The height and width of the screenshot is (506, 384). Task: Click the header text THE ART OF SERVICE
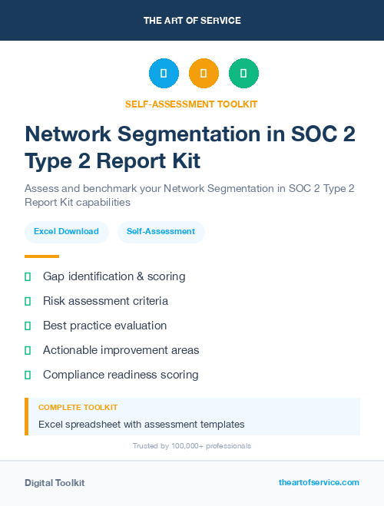tap(191, 21)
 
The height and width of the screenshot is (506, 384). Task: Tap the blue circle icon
tap(164, 74)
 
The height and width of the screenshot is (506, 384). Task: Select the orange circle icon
tap(204, 74)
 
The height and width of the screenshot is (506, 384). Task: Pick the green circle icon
tap(243, 74)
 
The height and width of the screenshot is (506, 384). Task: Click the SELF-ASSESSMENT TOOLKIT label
tap(191, 104)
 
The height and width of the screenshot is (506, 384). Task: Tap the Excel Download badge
tap(66, 231)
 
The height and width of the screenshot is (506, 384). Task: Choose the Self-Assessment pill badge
tap(161, 231)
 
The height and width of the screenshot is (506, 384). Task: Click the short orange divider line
tap(41, 256)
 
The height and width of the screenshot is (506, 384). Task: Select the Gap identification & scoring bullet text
tap(114, 276)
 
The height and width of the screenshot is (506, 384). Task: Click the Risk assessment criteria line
tap(105, 301)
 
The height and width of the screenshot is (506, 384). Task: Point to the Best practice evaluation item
tap(104, 326)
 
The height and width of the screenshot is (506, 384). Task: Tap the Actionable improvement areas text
tap(121, 350)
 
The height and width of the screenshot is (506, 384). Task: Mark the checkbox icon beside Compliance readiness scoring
tap(28, 375)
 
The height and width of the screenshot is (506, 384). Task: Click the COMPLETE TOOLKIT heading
tap(78, 408)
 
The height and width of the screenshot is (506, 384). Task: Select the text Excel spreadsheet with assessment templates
tap(141, 424)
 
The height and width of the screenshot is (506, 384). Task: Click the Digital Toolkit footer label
tap(55, 483)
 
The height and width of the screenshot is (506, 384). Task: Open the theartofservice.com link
tap(319, 482)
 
